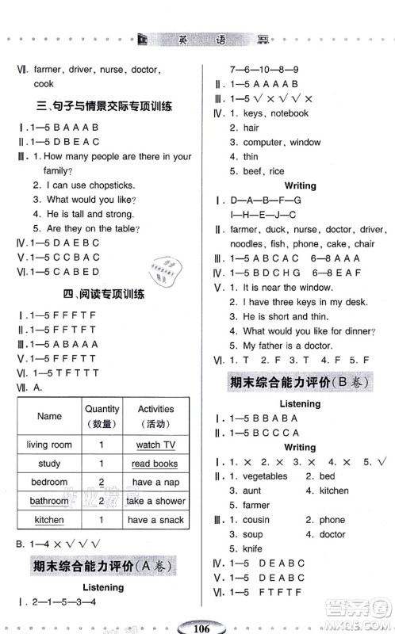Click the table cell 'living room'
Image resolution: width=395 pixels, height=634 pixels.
coord(49,445)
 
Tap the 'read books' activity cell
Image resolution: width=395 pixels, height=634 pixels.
coord(154,464)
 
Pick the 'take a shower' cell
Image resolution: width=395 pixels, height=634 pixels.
coord(155,501)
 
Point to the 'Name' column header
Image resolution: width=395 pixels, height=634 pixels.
coord(49,416)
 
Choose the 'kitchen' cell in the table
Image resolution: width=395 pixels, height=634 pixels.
coord(49,520)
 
